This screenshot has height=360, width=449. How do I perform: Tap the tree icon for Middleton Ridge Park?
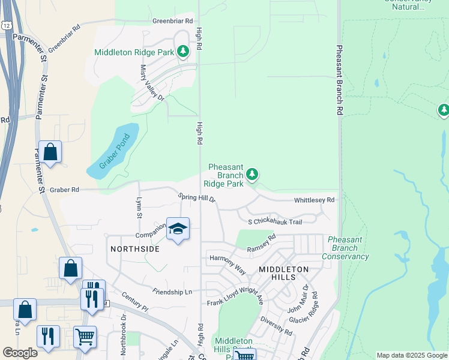coord(183,52)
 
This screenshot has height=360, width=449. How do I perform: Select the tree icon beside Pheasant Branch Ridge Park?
coord(253,175)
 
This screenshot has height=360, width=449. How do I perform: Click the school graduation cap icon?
coord(178,229)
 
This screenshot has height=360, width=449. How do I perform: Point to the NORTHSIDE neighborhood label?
coord(135,248)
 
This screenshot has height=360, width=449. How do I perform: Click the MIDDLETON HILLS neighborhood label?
coord(283,273)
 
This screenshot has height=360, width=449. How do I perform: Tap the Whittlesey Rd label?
coord(314,200)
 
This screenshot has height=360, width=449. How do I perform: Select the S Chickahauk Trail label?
coord(274,222)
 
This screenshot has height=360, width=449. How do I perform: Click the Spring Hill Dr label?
coord(196,197)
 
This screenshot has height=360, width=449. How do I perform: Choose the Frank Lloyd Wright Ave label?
coord(235,298)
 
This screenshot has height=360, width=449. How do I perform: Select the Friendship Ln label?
coord(172,292)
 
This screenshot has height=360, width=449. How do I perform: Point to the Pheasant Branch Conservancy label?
coord(345,248)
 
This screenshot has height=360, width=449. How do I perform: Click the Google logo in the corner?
coord(20,352)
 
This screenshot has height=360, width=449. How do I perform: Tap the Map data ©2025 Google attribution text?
coord(412,355)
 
